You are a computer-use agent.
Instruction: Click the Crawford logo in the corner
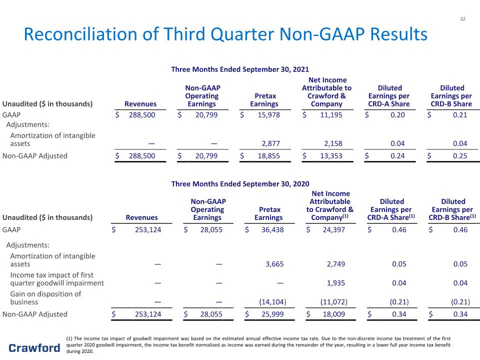pyautogui.click(x=34, y=348)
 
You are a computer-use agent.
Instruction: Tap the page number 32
pyautogui.click(x=462, y=19)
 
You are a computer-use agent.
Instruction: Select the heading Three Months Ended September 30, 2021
pyautogui.click(x=240, y=69)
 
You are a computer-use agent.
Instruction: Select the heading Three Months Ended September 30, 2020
pyautogui.click(x=240, y=184)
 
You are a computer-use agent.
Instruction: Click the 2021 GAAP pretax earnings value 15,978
pyautogui.click(x=269, y=115)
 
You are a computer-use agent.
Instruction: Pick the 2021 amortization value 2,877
pyautogui.click(x=270, y=143)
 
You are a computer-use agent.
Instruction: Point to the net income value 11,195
pyautogui.click(x=331, y=115)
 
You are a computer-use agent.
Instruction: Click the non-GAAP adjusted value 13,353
pyautogui.click(x=331, y=156)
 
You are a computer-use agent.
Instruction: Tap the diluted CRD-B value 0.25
pyautogui.click(x=460, y=156)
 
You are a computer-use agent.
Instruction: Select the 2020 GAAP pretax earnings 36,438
pyautogui.click(x=272, y=229)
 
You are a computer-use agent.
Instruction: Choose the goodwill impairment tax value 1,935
pyautogui.click(x=336, y=283)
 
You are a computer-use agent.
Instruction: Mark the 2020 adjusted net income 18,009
pyautogui.click(x=333, y=314)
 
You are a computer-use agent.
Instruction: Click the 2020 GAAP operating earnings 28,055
pyautogui.click(x=211, y=229)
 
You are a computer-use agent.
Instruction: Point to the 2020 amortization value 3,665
pyautogui.click(x=274, y=264)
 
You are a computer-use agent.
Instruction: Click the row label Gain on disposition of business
pyautogui.click(x=45, y=298)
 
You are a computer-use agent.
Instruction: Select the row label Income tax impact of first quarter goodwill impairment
pyautogui.click(x=57, y=279)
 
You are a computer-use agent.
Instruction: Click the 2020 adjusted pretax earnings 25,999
pyautogui.click(x=272, y=314)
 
